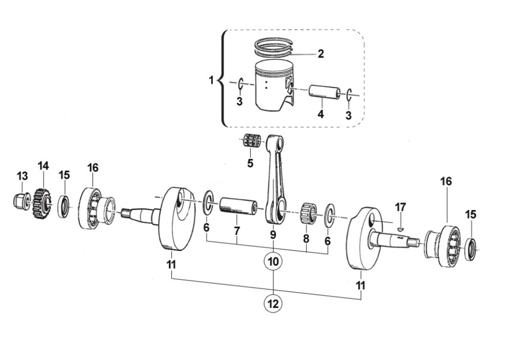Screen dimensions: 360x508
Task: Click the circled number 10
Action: click(x=273, y=261)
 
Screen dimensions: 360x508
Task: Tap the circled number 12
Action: click(x=273, y=303)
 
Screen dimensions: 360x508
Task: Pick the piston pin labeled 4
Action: click(x=324, y=91)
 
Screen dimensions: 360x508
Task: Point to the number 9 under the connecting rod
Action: click(x=273, y=234)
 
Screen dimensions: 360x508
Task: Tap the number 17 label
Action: click(x=400, y=208)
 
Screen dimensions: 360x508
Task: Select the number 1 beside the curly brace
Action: click(x=211, y=80)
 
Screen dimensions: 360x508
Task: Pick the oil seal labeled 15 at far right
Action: click(x=471, y=249)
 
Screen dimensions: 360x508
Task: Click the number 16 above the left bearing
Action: click(x=93, y=168)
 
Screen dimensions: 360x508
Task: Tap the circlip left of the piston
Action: click(x=240, y=84)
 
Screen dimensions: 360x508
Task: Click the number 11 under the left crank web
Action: click(x=171, y=265)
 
